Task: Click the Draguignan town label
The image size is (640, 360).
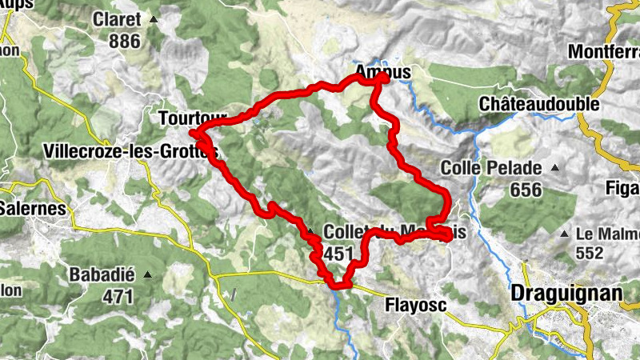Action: coord(566,294)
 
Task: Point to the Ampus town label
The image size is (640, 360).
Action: coord(382,72)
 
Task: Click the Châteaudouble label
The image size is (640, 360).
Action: coord(539,105)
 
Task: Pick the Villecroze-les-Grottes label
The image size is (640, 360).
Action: coord(131,150)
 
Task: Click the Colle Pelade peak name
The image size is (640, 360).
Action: coord(490,169)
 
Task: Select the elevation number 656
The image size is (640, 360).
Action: coord(524,190)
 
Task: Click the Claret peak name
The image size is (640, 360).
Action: coord(116,18)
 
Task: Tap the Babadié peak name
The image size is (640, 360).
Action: coord(101,274)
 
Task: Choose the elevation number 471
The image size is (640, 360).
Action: coord(118,295)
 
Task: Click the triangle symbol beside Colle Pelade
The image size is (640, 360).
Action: coord(553,169)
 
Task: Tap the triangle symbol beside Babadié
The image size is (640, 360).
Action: coord(147,275)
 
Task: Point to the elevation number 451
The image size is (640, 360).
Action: coord(339,253)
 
